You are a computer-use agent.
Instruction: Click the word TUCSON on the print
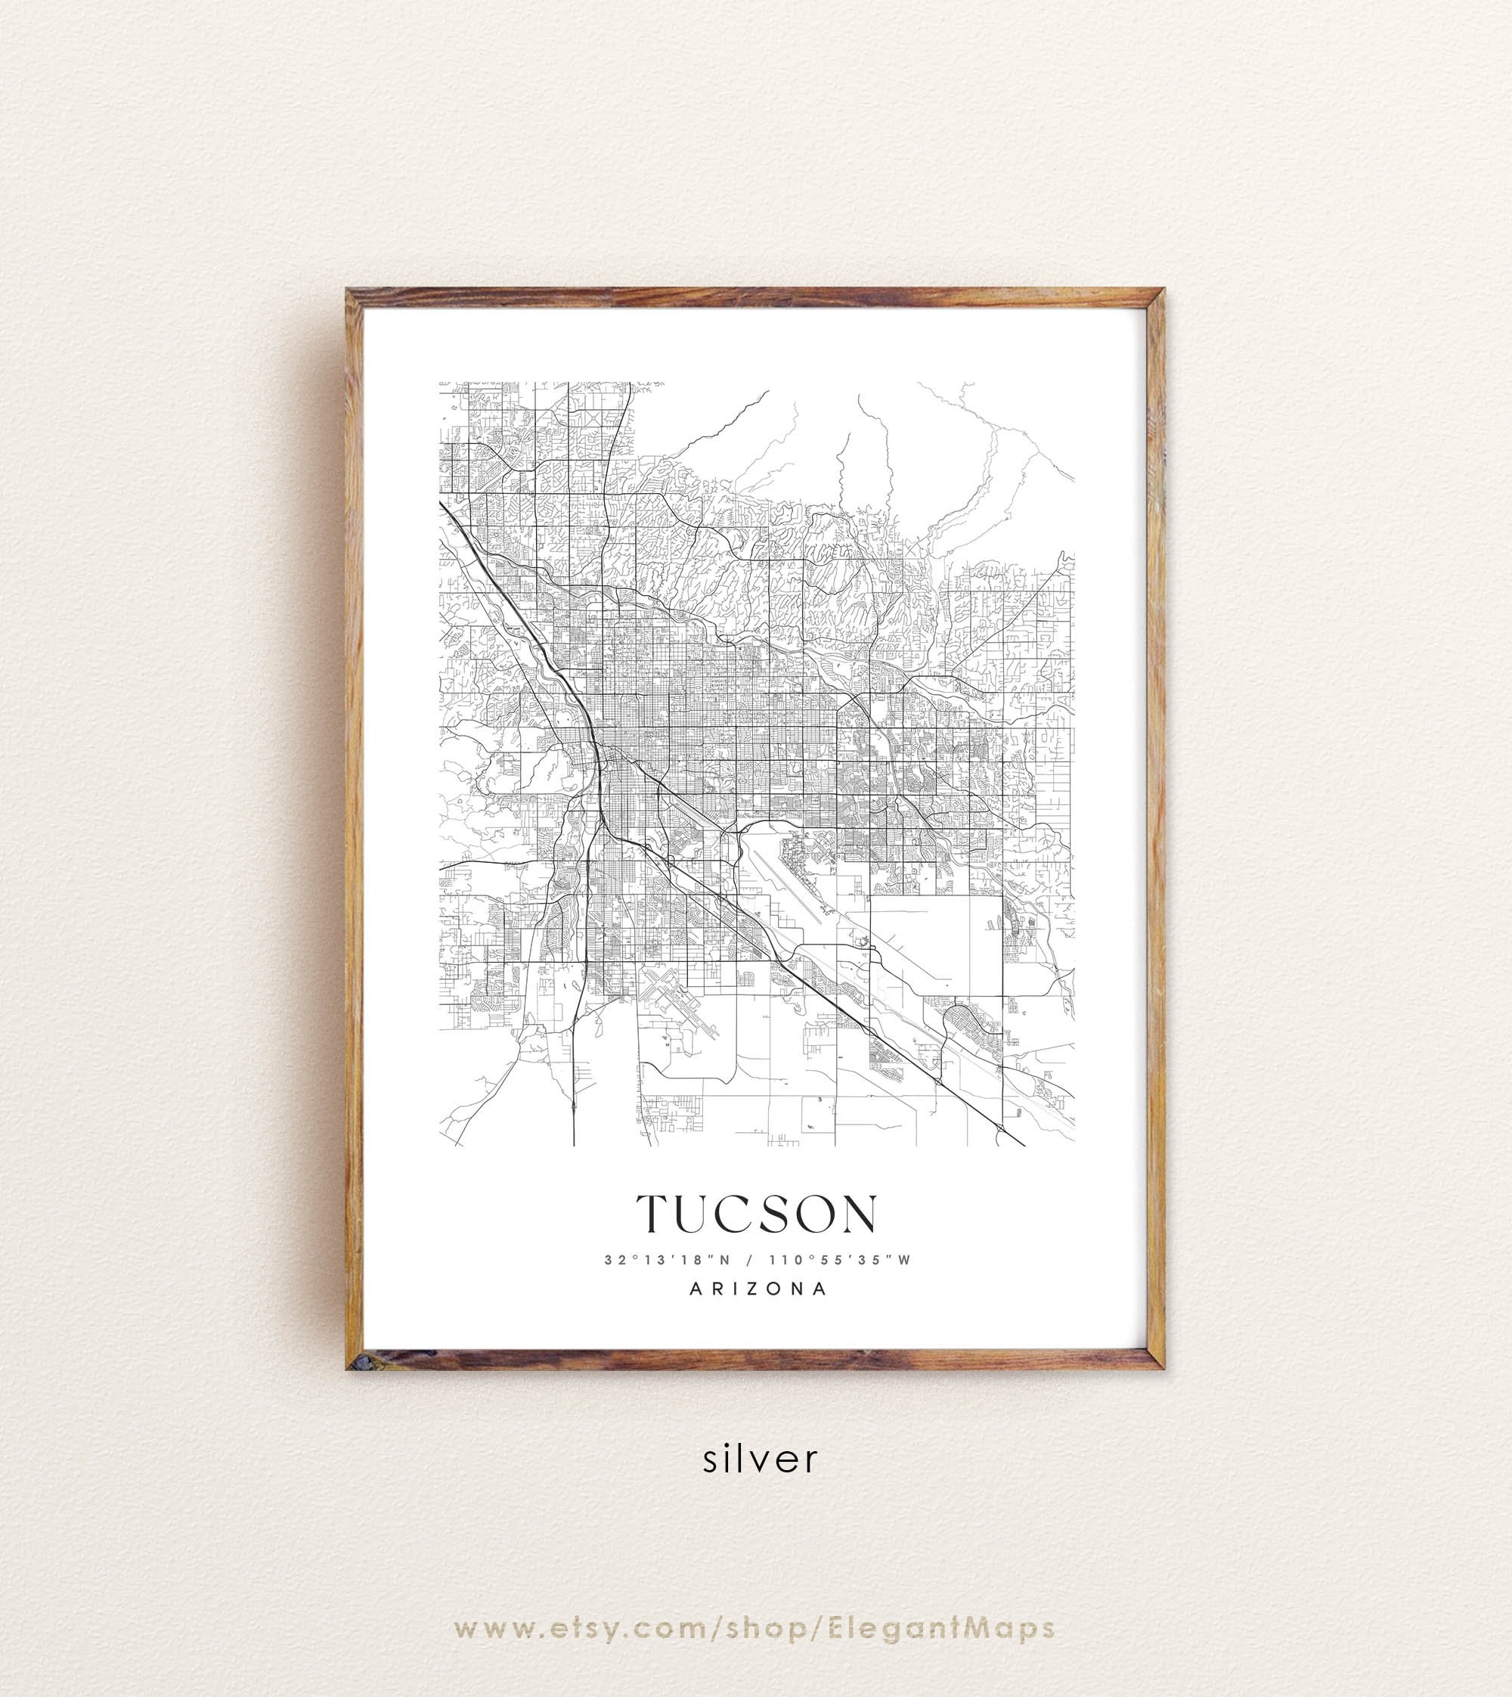click(756, 1215)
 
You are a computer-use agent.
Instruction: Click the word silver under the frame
click(760, 1459)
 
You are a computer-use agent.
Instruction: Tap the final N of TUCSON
click(857, 1215)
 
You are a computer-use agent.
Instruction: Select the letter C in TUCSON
click(733, 1215)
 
